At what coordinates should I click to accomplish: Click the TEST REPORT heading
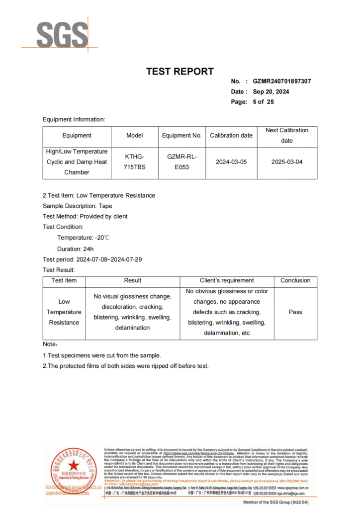180,72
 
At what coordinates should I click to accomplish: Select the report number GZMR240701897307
281,81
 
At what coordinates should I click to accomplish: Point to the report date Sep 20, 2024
270,91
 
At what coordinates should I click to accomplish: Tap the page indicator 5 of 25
263,102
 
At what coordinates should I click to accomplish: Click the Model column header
135,135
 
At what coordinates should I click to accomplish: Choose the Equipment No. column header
182,135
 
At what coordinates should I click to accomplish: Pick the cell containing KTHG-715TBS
135,162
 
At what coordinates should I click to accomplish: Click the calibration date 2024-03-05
231,162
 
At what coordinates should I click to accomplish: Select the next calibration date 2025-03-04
287,162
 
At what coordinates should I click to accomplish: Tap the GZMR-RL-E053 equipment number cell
182,162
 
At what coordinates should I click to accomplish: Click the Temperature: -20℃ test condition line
83,238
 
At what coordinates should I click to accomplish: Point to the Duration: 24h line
75,249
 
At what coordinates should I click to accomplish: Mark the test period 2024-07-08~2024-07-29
93,259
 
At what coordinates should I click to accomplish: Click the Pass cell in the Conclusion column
295,312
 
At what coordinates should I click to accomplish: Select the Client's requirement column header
227,280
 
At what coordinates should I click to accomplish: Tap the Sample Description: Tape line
78,206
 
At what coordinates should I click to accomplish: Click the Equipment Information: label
74,119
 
